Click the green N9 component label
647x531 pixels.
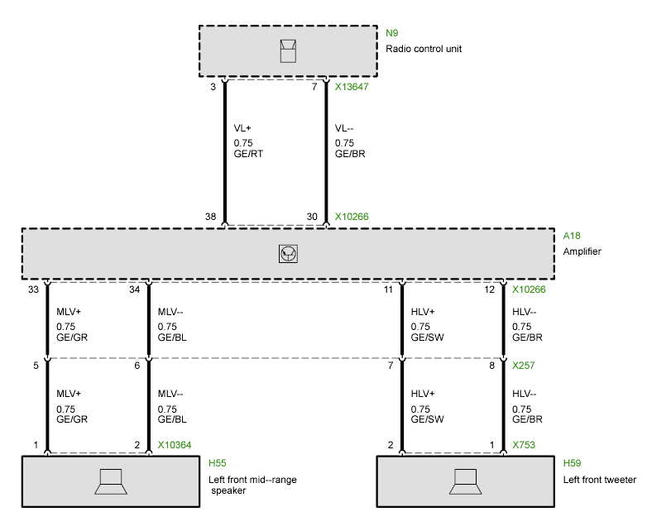392,34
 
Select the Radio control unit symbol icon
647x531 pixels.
287,50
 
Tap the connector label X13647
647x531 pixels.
352,85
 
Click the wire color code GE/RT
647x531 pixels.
249,154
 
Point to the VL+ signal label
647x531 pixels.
243,128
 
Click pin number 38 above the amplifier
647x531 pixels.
211,217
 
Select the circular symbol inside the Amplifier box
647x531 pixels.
288,253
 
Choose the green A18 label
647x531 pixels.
571,236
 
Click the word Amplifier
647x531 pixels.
582,251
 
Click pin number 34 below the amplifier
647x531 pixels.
135,289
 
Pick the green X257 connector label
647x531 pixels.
524,365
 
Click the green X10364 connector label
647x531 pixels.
175,445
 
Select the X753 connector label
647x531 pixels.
524,445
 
